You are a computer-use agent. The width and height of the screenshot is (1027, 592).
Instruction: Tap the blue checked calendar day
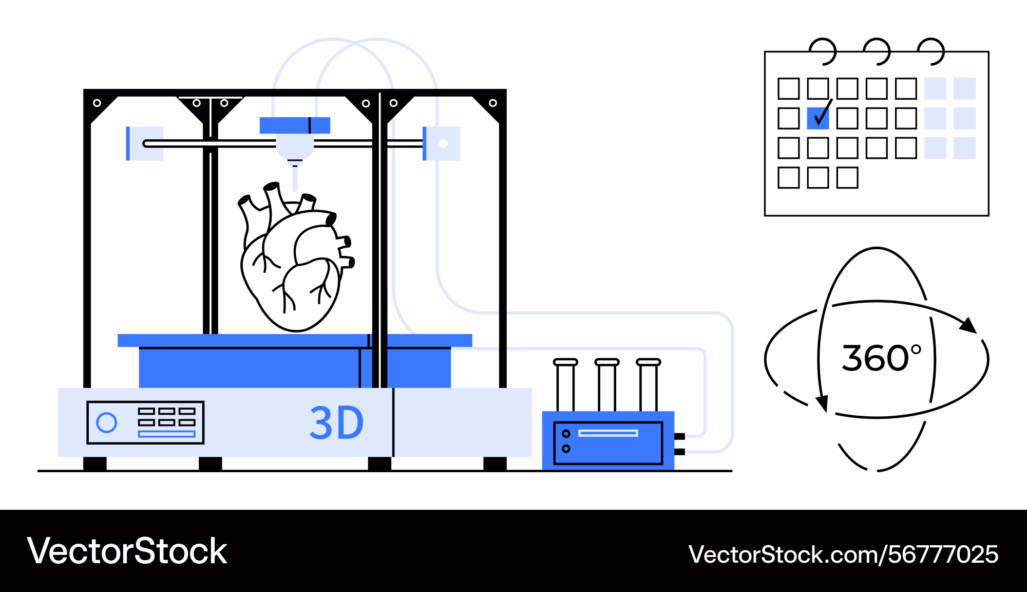tap(817, 118)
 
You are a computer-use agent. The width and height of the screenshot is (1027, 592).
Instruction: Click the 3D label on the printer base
tap(337, 423)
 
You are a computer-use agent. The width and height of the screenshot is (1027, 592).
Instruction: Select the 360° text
tap(881, 358)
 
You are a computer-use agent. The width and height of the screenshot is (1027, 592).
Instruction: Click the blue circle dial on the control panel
tap(107, 422)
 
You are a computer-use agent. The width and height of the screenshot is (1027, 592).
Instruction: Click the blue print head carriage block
tap(295, 125)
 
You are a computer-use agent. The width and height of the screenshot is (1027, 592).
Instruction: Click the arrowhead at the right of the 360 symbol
tap(969, 326)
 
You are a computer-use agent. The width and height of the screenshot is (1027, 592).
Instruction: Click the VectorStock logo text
tap(127, 551)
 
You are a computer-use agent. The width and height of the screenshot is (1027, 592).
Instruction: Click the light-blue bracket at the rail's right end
tap(442, 143)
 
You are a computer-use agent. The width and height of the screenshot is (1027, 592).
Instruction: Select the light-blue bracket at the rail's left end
tap(144, 143)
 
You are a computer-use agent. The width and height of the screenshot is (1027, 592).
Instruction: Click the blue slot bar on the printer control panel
tap(167, 434)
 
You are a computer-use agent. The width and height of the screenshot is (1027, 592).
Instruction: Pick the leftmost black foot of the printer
tap(95, 464)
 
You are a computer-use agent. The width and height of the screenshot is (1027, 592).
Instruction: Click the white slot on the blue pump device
tap(608, 433)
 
